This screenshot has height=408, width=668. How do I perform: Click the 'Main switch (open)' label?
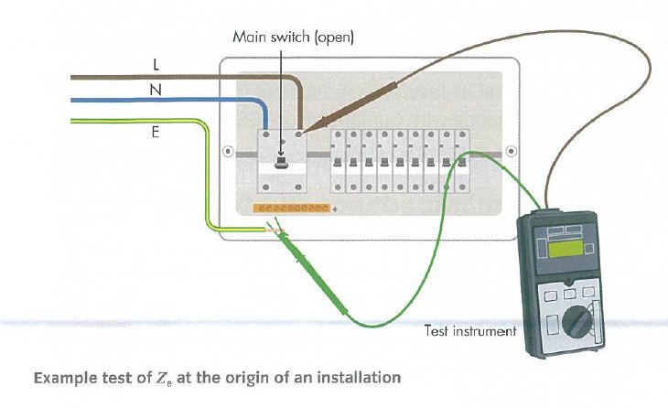[x=293, y=38]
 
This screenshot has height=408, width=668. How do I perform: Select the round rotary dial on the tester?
[x=579, y=323]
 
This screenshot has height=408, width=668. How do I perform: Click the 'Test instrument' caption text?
[x=470, y=330]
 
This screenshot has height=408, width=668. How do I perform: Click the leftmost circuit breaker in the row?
[x=339, y=161]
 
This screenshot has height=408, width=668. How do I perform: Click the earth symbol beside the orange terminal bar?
[x=335, y=209]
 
